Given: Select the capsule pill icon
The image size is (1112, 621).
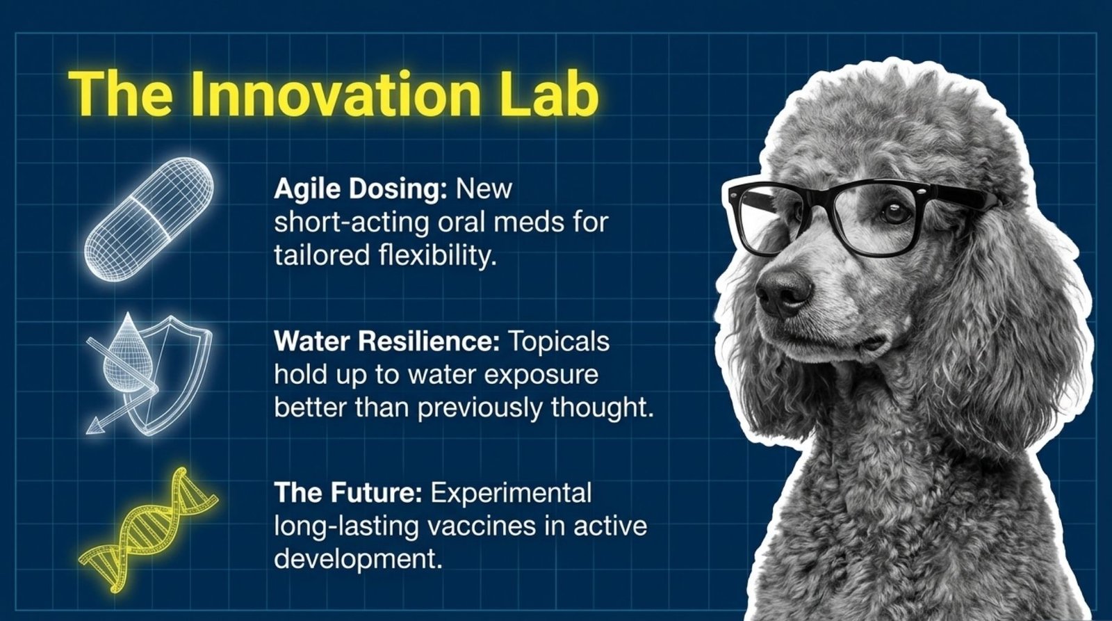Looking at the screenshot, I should click(149, 219).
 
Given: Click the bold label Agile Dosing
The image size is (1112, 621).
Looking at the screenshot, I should click(359, 189).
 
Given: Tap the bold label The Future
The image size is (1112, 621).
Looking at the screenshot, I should click(348, 493).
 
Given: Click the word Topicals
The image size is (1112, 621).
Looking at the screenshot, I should click(559, 341).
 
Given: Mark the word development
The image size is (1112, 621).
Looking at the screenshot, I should click(358, 558).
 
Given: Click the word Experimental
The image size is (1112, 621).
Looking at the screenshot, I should click(512, 493).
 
